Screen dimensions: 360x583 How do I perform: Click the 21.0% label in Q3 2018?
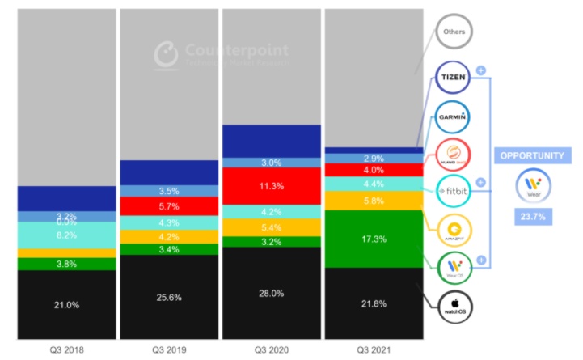[66, 304]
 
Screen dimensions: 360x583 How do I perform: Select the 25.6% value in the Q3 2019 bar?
[168, 297]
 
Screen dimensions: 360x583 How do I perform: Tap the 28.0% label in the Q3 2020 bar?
[271, 293]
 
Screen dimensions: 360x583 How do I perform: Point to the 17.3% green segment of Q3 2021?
[373, 239]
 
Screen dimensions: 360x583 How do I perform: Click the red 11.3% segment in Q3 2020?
[271, 186]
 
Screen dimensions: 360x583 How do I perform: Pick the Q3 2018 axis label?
[66, 350]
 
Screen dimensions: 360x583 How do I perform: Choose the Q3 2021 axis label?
[373, 350]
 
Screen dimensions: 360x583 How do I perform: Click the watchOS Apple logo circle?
[454, 305]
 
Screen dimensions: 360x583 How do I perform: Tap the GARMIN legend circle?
[454, 115]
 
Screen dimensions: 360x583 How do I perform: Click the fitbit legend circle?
[454, 191]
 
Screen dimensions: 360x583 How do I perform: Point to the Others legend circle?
[454, 33]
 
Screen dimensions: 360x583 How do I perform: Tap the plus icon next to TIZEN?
[481, 70]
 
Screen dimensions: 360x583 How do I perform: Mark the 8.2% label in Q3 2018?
[66, 235]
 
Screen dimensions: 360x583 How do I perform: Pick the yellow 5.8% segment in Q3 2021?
[373, 200]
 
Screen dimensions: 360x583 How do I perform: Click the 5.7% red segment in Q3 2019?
[168, 206]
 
